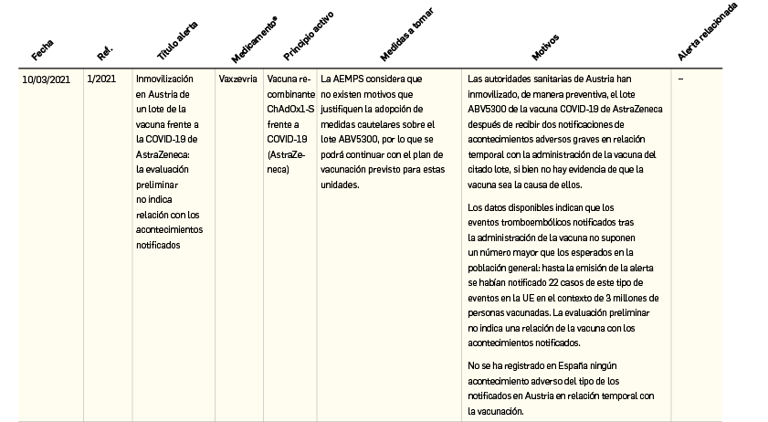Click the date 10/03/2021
point(46,79)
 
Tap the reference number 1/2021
point(101,79)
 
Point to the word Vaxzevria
point(237,79)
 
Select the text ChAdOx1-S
point(289,110)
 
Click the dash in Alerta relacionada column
point(681,79)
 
